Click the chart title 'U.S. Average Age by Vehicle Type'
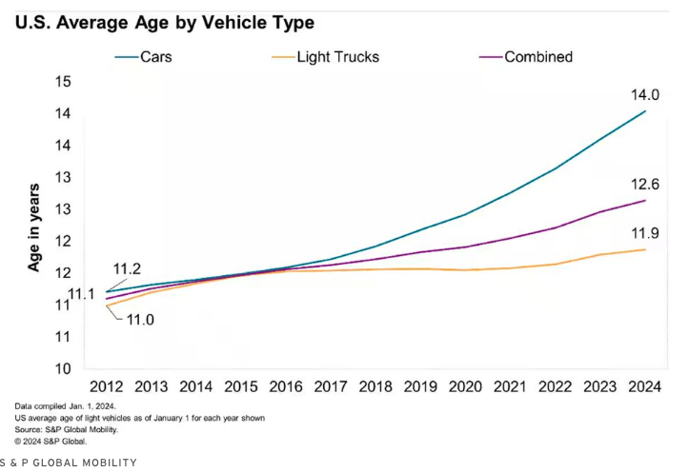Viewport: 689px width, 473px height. tap(165, 21)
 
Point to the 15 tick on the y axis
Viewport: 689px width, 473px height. tap(64, 82)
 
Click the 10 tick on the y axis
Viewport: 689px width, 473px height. tap(64, 369)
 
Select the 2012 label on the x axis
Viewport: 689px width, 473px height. tap(106, 387)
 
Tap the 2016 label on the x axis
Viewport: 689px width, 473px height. tap(286, 387)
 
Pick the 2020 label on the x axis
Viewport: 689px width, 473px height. tap(466, 387)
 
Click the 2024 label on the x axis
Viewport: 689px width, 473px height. tap(646, 387)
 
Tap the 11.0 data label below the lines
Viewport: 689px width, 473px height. tap(140, 319)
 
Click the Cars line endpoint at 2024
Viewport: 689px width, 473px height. tap(646, 111)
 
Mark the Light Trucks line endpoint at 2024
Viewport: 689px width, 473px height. tap(646, 249)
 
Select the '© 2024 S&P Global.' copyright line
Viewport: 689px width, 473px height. tap(51, 441)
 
